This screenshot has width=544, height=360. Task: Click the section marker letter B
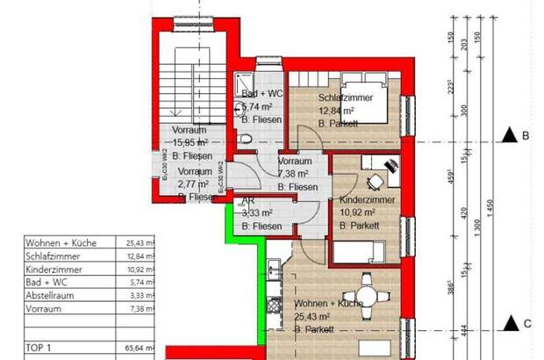click(x=526, y=135)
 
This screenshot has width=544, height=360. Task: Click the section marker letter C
click(x=526, y=323)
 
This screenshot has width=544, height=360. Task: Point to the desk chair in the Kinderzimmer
click(x=375, y=182)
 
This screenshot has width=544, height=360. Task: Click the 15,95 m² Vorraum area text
click(x=190, y=141)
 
